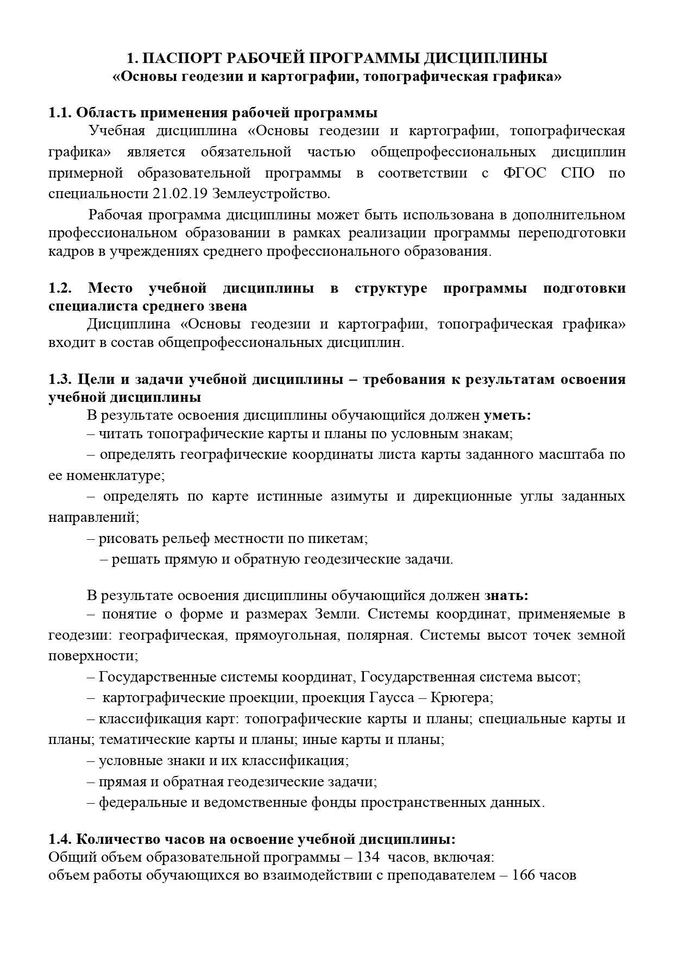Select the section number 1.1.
[60, 113]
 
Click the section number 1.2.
[60, 288]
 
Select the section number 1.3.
[60, 379]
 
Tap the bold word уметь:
[507, 415]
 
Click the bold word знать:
[506, 595]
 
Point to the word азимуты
[355, 496]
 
